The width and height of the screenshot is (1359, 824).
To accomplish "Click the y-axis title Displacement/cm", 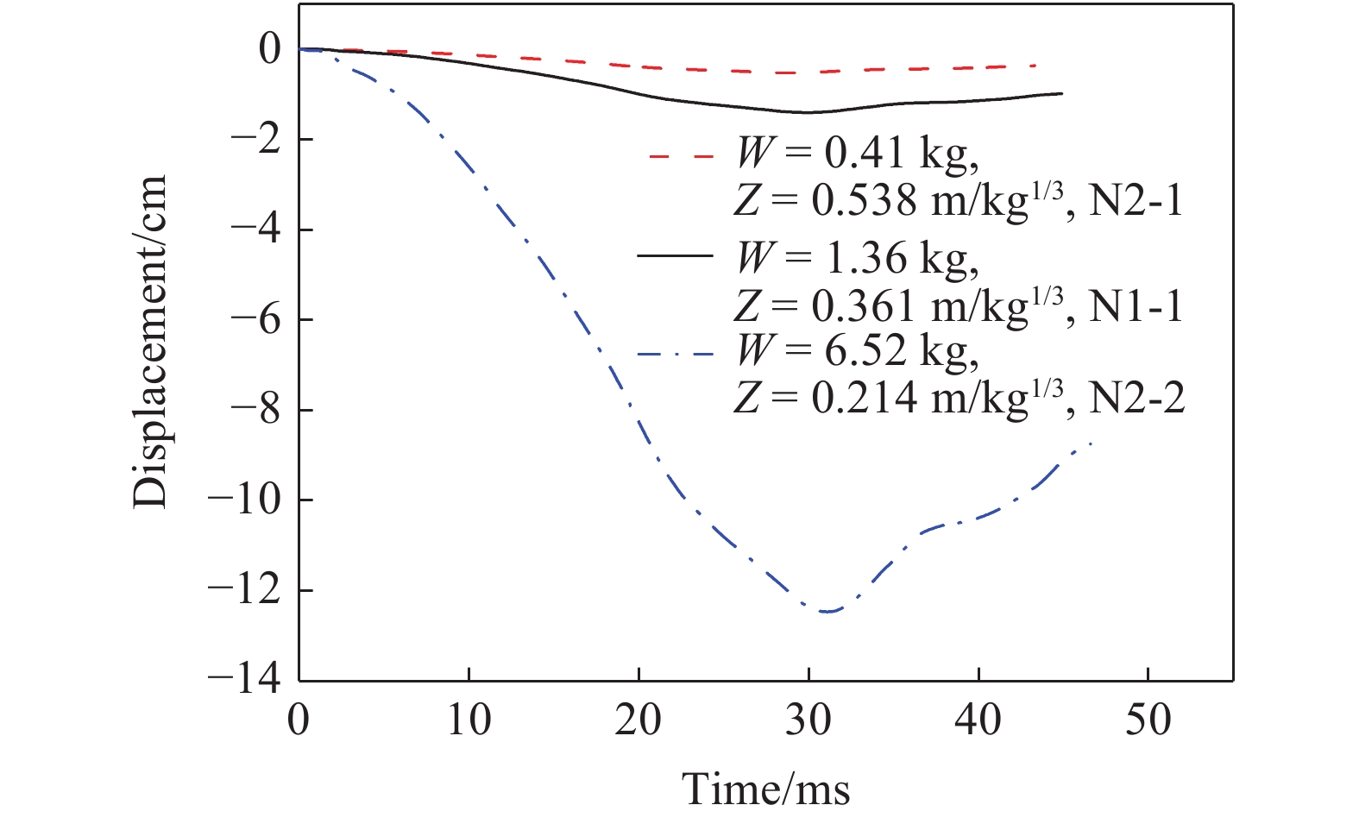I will (x=149, y=342).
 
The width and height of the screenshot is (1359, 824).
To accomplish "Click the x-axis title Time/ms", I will (x=765, y=788).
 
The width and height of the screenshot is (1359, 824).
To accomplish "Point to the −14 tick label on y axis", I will (x=244, y=680).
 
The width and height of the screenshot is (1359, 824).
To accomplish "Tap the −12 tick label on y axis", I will (x=244, y=590).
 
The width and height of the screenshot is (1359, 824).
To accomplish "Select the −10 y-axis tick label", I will (x=244, y=500).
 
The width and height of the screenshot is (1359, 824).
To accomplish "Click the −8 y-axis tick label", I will (x=253, y=410).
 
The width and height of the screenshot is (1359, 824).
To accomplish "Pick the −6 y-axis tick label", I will (x=253, y=320).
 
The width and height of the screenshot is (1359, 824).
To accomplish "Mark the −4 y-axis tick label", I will (x=253, y=230).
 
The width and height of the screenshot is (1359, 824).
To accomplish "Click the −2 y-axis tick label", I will (x=253, y=140).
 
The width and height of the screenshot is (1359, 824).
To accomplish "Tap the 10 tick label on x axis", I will (x=469, y=719).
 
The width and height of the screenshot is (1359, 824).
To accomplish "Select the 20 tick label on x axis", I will (x=639, y=719).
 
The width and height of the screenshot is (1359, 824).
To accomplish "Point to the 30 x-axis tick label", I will (x=808, y=719).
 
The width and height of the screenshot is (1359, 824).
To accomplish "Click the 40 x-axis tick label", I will (x=978, y=719).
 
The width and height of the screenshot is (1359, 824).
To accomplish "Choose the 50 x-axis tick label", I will (x=1148, y=719).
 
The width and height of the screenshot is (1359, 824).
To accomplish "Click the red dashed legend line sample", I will (x=681, y=157).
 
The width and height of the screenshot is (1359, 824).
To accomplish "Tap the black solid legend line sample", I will (x=676, y=255).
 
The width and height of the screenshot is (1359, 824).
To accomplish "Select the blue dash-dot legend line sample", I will (x=676, y=353).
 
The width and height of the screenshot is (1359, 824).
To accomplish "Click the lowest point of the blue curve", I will (x=828, y=612).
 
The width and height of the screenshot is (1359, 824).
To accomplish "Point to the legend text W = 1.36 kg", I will (x=857, y=258).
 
